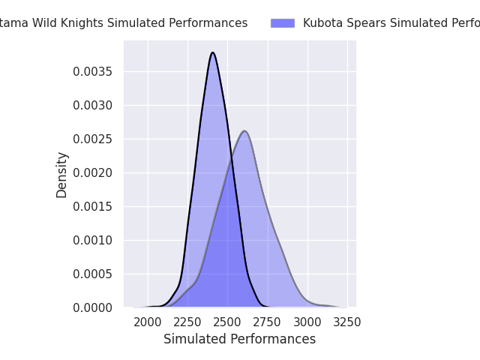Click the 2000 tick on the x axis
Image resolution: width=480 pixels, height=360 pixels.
click(148, 322)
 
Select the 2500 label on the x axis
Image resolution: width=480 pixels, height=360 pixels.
click(227, 322)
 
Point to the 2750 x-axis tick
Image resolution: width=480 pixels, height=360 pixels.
click(267, 322)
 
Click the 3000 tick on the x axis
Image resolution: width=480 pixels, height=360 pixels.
click(307, 322)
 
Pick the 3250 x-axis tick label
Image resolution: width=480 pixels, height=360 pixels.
click(346, 322)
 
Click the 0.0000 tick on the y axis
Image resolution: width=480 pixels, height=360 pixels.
click(94, 307)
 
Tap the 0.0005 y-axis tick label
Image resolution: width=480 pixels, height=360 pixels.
click(94, 274)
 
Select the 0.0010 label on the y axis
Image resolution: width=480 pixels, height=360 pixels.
click(94, 240)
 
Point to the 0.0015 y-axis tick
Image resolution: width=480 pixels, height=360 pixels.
click(94, 206)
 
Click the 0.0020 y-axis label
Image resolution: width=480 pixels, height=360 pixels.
click(94, 172)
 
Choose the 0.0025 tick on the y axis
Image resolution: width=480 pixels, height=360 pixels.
click(94, 139)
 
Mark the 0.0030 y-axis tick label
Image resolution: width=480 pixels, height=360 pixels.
click(94, 105)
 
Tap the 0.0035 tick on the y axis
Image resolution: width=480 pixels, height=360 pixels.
click(94, 71)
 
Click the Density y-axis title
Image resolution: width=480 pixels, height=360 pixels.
click(61, 175)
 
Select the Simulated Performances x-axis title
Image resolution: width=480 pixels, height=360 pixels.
click(239, 339)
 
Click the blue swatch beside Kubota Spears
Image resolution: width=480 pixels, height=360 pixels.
click(283, 23)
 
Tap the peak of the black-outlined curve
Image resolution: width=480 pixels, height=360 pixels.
click(213, 52)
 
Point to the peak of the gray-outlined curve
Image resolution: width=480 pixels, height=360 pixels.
click(244, 131)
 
